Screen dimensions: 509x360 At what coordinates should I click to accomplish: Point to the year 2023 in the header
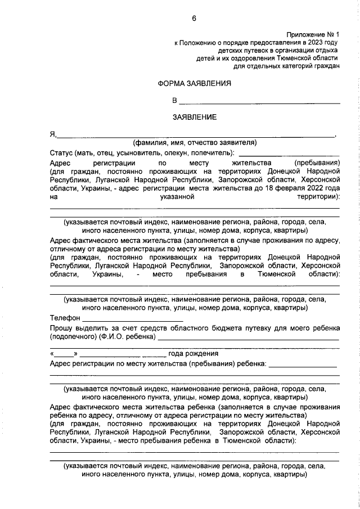point(316,42)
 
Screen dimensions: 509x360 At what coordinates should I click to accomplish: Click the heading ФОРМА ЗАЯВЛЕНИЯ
point(194,84)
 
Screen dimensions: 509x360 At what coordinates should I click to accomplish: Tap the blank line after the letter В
point(259,102)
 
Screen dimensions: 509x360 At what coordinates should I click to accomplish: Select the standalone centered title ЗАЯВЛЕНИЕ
point(194,118)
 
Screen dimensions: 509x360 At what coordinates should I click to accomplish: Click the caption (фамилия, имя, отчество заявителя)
point(195,142)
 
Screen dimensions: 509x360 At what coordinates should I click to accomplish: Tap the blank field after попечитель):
point(289,154)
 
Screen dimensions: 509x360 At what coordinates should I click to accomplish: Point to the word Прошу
point(61,328)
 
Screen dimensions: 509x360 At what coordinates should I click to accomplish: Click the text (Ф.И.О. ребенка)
point(127,337)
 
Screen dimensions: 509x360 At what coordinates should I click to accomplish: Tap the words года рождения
point(193,354)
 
